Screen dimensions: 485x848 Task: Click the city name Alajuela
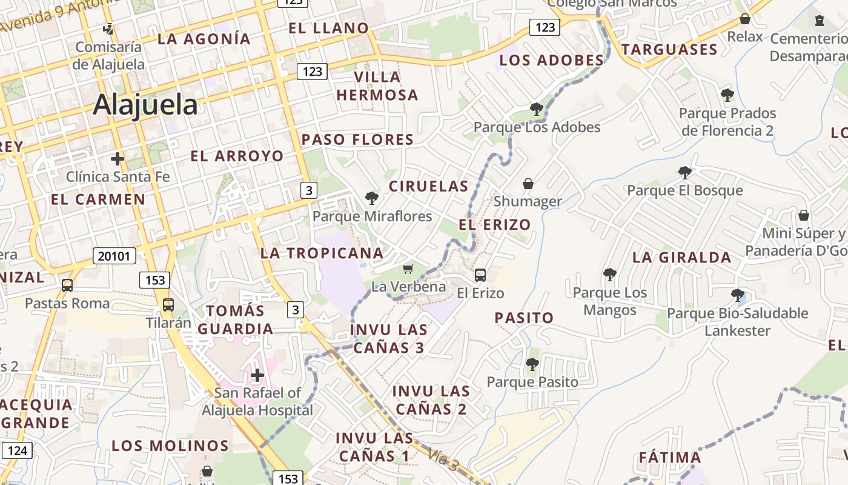click(x=145, y=105)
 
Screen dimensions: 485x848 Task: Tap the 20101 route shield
click(x=114, y=256)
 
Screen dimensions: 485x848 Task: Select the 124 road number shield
click(x=18, y=450)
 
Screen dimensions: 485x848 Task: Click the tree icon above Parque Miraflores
click(x=371, y=198)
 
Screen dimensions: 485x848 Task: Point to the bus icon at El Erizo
click(x=480, y=275)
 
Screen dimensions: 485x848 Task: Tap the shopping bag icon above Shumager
click(x=528, y=183)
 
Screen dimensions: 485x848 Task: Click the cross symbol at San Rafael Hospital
click(x=257, y=375)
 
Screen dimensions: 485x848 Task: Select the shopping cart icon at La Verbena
click(x=408, y=269)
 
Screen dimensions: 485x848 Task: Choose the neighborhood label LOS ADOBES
click(x=552, y=61)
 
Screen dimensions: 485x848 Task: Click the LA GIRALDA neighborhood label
click(x=681, y=258)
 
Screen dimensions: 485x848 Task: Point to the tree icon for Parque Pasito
click(x=532, y=364)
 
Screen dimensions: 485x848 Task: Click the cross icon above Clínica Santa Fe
click(x=118, y=159)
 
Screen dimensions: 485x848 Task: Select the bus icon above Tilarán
click(x=168, y=305)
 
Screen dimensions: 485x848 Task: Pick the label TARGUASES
click(x=669, y=50)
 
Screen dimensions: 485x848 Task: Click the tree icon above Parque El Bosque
click(x=685, y=173)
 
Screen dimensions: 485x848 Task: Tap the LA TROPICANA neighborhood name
click(x=322, y=253)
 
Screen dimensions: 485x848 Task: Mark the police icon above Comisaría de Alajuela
click(x=108, y=28)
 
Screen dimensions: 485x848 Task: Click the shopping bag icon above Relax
click(x=745, y=19)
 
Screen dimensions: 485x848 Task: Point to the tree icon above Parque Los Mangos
click(x=610, y=275)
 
